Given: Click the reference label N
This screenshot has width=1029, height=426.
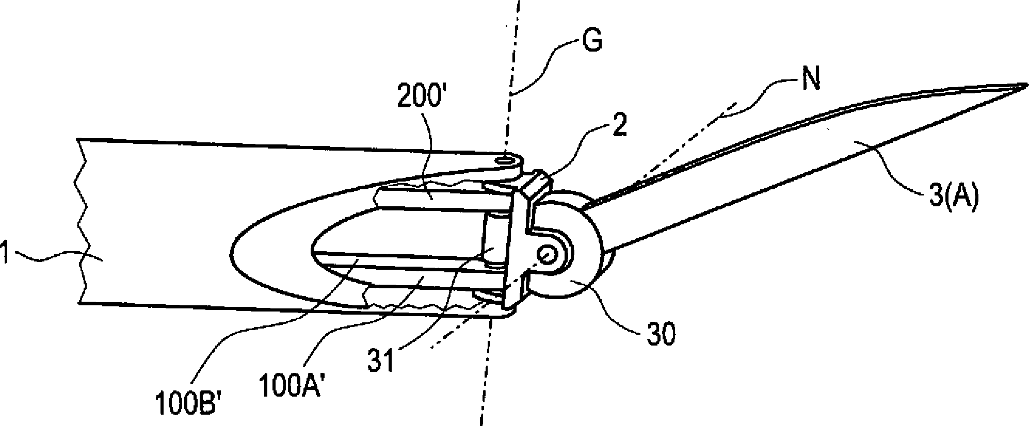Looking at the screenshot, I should (811, 81).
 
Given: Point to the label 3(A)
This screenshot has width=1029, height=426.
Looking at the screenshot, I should (953, 199).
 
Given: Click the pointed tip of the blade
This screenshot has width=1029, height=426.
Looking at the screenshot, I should (1024, 85).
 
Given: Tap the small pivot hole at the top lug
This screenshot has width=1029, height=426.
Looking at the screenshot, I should (506, 161).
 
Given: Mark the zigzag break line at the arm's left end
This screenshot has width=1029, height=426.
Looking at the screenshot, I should (82, 222).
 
